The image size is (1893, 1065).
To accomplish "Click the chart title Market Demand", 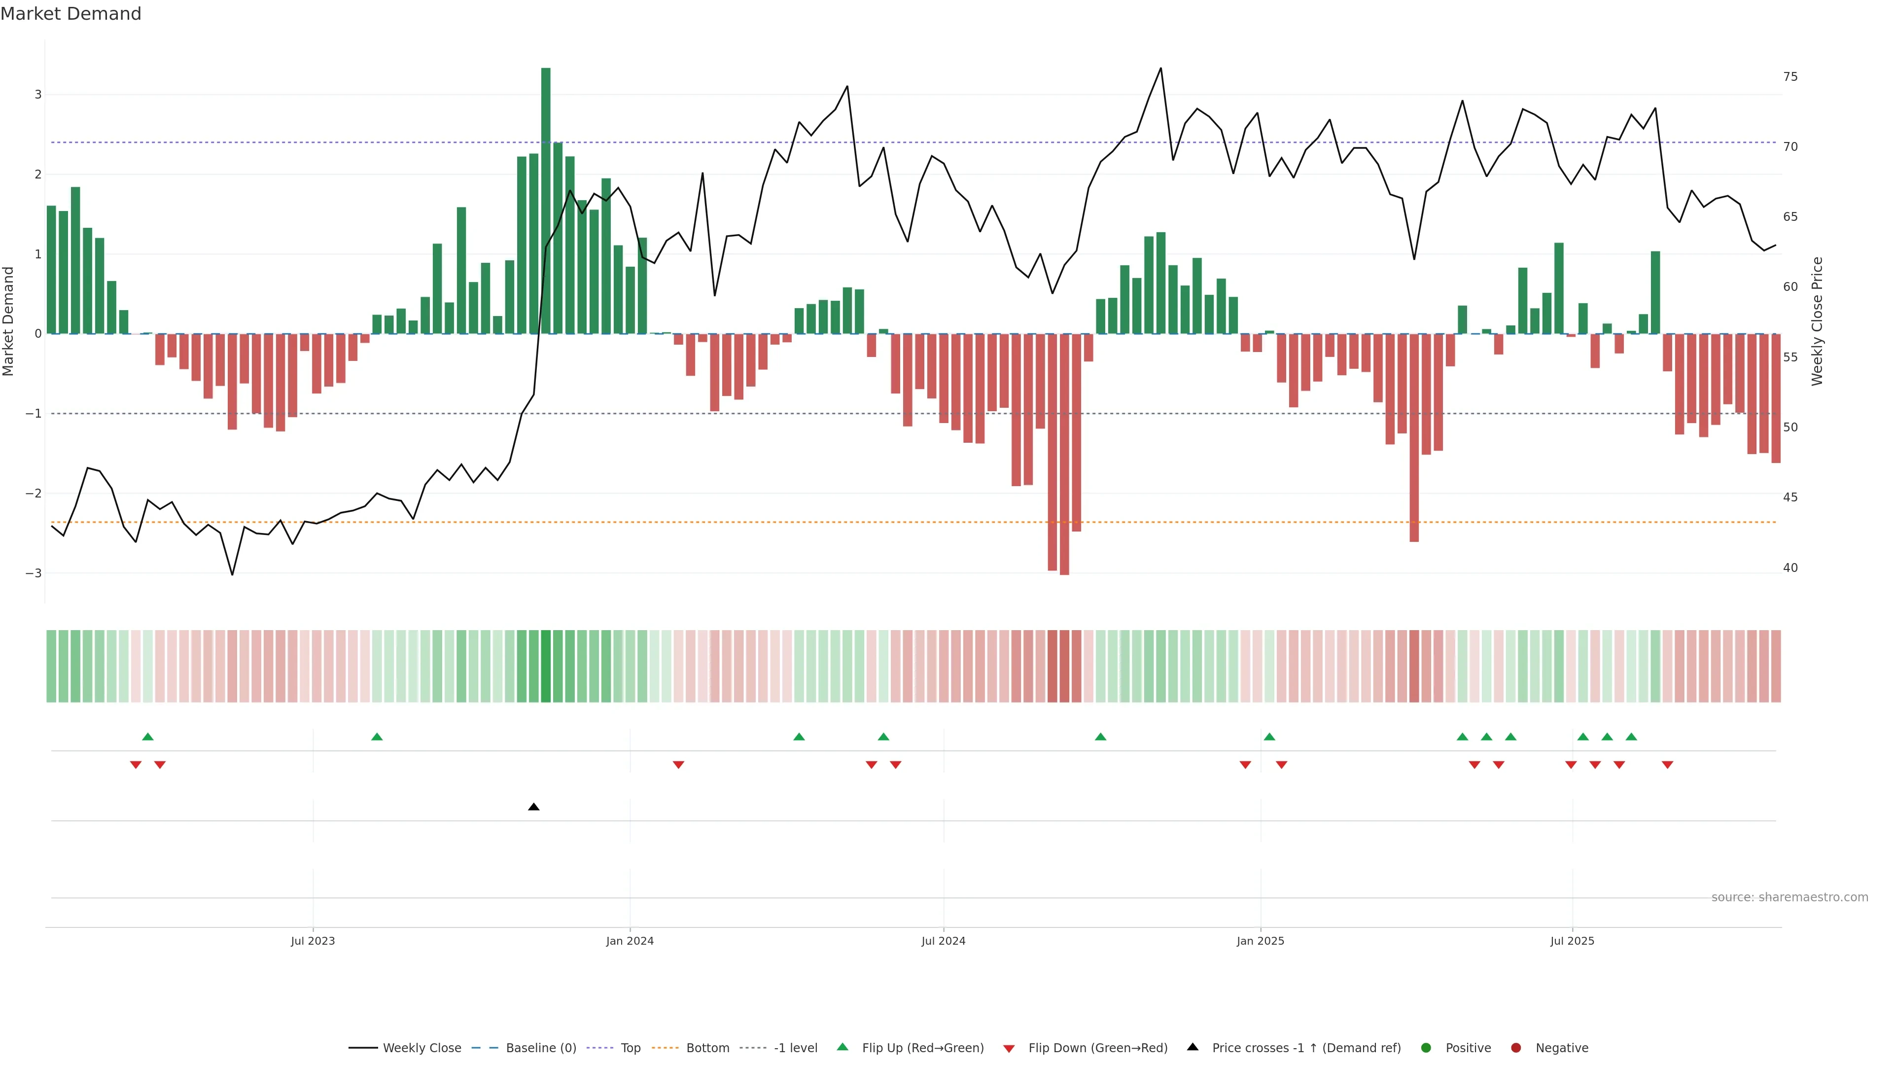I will (70, 14).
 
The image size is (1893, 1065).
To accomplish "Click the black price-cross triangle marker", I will (533, 807).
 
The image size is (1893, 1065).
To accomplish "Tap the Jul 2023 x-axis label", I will (313, 941).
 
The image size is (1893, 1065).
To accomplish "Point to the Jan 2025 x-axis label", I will (1261, 941).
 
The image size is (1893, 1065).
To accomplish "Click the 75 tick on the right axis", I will (1790, 76).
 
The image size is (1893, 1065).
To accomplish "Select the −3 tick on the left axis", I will (33, 573).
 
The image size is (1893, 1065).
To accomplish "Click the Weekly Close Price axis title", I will (1817, 321).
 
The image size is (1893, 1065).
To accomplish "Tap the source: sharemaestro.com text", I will (1789, 897).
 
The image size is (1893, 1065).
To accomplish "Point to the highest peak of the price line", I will (1160, 69).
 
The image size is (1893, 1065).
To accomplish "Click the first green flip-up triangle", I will (148, 737).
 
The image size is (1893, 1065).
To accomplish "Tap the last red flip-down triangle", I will (1667, 765).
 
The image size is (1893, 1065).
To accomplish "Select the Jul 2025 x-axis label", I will (1572, 941).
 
